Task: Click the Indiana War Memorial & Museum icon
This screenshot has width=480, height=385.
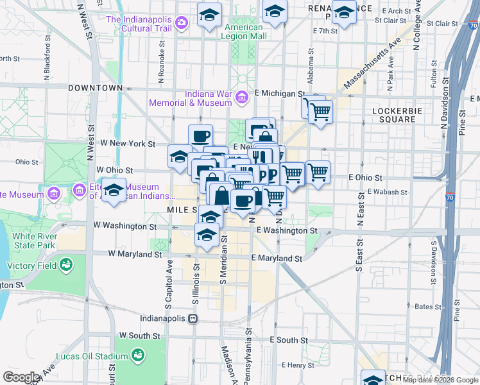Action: coord(242,97)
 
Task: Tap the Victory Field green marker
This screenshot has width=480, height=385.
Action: coord(66,264)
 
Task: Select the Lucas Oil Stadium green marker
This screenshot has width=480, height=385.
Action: coord(137,354)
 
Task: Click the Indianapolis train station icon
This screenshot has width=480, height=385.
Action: coord(192,318)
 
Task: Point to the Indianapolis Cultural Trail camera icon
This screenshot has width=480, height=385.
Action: coord(182,22)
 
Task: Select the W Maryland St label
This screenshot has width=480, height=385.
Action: coord(135,254)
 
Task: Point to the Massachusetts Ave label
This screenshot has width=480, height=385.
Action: coord(372,63)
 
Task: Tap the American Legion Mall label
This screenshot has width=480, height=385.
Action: coord(244,32)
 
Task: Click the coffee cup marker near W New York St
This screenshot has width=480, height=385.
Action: coord(200,136)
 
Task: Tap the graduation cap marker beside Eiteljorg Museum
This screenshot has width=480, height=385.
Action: coord(114,191)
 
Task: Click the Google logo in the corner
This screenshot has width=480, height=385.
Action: coord(22,377)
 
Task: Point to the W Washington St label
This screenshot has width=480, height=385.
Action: coord(124,226)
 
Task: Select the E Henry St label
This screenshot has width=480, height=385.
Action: coord(297,365)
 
